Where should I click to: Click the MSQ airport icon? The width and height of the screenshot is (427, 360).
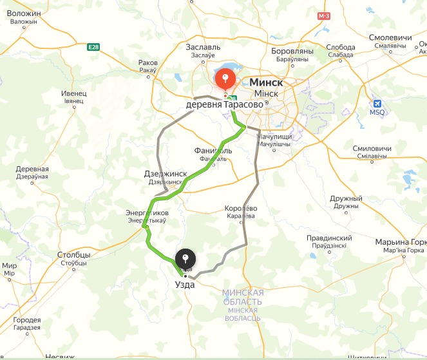(x=378, y=104)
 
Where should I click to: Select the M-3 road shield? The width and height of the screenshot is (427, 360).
(x=323, y=15)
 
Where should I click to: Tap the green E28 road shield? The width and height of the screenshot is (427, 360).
(x=93, y=46)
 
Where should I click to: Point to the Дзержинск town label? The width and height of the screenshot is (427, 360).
(x=166, y=174)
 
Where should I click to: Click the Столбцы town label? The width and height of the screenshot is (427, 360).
(x=73, y=254)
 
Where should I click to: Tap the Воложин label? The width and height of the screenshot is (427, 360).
(x=23, y=13)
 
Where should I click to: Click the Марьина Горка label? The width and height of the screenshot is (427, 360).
(x=401, y=242)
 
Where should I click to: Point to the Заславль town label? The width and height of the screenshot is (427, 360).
(x=204, y=47)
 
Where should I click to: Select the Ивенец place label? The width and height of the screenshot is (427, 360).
(x=73, y=93)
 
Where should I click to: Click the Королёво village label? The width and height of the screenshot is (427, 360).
(x=241, y=209)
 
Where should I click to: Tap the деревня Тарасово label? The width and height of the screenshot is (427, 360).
(x=224, y=104)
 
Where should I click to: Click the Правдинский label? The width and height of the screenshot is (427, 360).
(x=329, y=238)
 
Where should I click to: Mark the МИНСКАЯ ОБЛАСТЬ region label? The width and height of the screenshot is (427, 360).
(x=242, y=297)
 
